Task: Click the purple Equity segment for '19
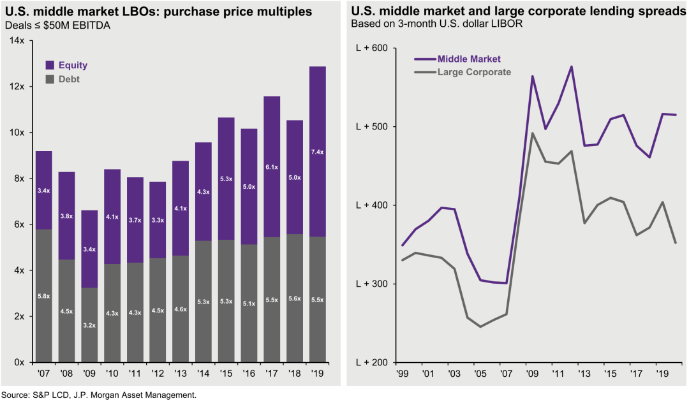point(317,185)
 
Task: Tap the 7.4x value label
point(317,152)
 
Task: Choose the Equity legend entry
point(66,65)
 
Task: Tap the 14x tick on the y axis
point(17,41)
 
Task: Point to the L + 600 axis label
point(371,48)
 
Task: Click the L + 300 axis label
point(371,284)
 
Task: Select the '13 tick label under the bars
point(181,372)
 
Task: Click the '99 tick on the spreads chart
point(401,372)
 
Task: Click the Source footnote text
point(99,395)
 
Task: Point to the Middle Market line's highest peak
point(571,66)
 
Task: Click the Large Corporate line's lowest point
point(480,327)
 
